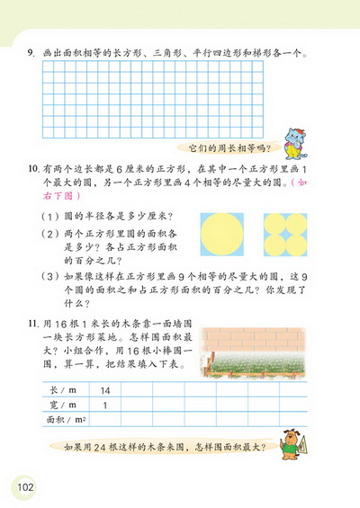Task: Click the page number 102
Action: [24, 486]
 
